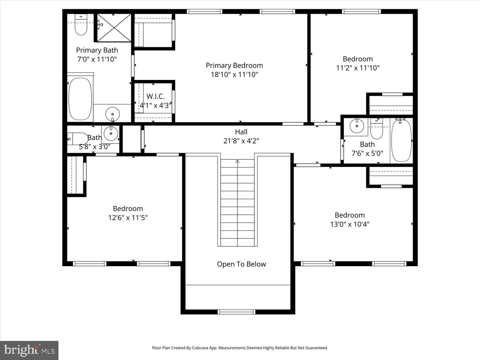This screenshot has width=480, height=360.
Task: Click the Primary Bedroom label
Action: (234, 65)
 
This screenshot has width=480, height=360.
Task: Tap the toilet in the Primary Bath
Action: (81, 25)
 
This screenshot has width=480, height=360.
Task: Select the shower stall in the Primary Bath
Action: (114, 28)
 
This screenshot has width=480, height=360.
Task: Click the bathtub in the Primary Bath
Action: (80, 99)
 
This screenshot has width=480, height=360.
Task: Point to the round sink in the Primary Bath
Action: (112, 114)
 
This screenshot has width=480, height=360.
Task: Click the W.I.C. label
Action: (155, 96)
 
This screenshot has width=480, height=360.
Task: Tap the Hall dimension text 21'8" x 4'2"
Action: (241, 141)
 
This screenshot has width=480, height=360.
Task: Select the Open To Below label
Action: (241, 264)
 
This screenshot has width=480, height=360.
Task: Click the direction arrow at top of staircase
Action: (237, 162)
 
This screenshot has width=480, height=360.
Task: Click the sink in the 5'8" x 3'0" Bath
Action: (111, 134)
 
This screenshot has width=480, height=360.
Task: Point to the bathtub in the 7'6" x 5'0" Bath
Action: (401, 141)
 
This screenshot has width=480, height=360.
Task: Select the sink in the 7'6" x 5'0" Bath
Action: (357, 126)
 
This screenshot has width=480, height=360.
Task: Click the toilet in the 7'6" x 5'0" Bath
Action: (377, 130)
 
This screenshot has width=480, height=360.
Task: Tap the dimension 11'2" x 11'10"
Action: (358, 68)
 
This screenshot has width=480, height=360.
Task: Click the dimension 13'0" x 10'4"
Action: (350, 224)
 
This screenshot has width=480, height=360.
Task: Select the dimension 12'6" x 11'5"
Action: (128, 217)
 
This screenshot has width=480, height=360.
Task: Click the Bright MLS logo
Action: (29, 350)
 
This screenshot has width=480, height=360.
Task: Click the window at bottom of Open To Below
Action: (236, 312)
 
